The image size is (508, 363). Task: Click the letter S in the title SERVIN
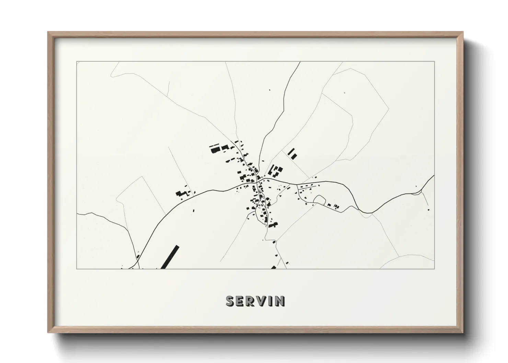230,301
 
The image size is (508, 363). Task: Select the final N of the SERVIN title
279,301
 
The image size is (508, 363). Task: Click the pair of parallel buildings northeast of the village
292,154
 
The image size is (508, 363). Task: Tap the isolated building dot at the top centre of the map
269,90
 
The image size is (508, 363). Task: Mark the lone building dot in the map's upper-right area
345,92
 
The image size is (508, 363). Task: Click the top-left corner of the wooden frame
48,33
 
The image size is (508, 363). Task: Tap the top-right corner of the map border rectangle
435,62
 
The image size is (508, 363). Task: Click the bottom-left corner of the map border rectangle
77,269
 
